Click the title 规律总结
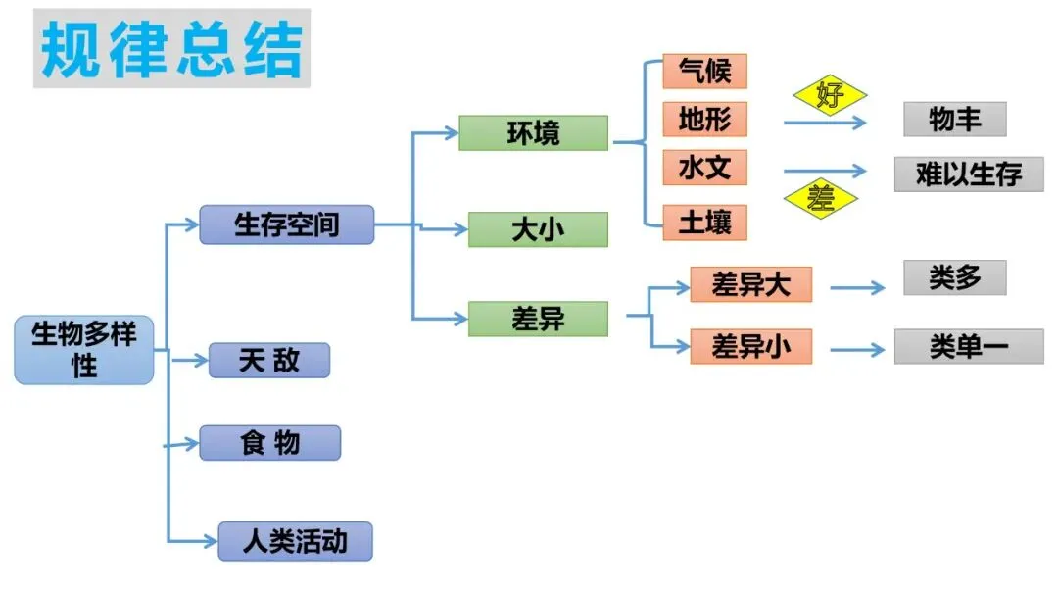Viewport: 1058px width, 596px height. click(x=171, y=49)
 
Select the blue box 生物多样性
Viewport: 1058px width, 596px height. click(x=84, y=350)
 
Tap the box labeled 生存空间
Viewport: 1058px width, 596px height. click(x=287, y=224)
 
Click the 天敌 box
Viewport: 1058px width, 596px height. click(x=269, y=361)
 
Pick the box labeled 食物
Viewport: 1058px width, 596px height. click(x=269, y=443)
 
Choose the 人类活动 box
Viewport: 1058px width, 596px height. click(x=295, y=541)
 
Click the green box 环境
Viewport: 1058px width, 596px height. click(x=534, y=133)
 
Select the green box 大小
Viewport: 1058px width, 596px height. click(x=538, y=230)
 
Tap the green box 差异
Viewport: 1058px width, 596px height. click(x=538, y=319)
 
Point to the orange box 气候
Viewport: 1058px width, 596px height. click(x=704, y=72)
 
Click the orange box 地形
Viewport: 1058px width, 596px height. click(x=704, y=120)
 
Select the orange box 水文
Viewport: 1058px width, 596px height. click(x=704, y=168)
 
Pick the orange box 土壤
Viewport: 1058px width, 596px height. click(x=704, y=223)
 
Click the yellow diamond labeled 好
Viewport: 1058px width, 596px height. click(x=830, y=96)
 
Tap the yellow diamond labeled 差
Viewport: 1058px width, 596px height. click(x=820, y=198)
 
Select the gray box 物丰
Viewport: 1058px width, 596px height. click(x=954, y=120)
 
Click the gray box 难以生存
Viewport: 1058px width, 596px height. click(x=968, y=174)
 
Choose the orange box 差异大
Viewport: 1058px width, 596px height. click(x=750, y=285)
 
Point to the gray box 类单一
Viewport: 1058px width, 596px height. click(x=968, y=346)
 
